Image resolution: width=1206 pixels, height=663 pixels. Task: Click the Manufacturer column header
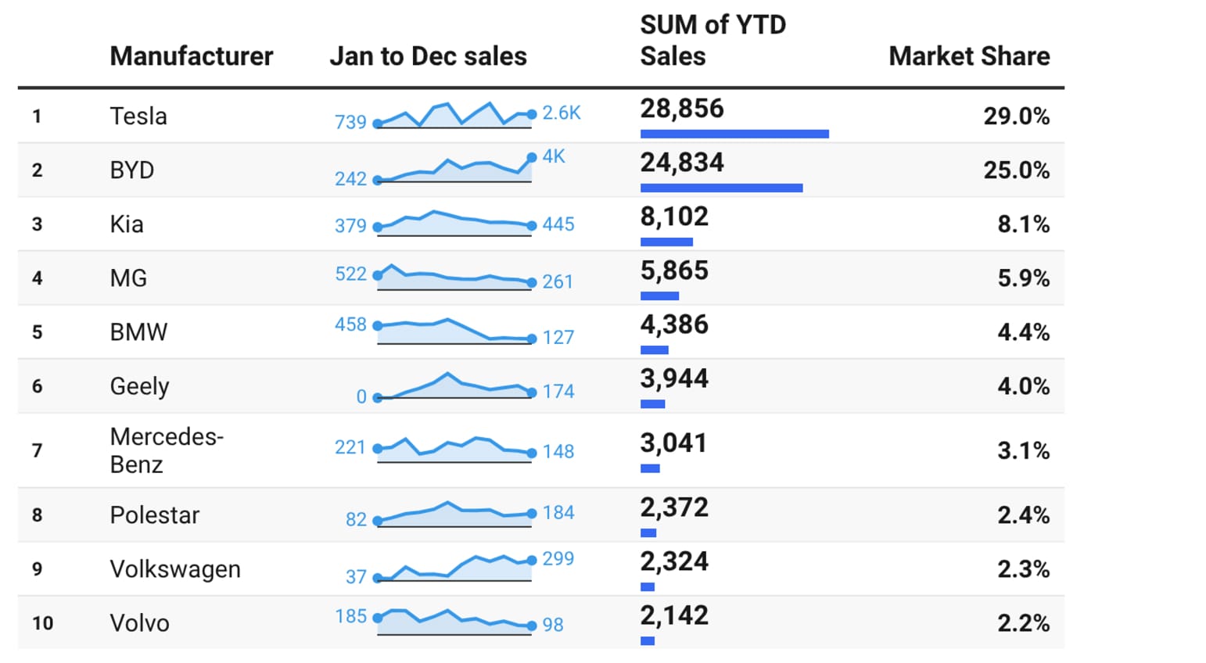pyautogui.click(x=192, y=56)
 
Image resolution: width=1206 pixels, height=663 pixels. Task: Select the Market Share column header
pyautogui.click(x=969, y=56)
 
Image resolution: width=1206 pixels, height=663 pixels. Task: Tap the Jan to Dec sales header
pyautogui.click(x=428, y=56)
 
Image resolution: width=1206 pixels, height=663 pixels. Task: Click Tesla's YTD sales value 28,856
pyautogui.click(x=682, y=109)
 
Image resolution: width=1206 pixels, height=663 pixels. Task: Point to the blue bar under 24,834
pyautogui.click(x=721, y=188)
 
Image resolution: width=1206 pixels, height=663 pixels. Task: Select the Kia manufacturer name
pyautogui.click(x=127, y=224)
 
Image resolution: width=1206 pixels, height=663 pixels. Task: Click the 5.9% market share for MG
pyautogui.click(x=1023, y=278)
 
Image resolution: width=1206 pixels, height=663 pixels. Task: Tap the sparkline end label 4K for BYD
pyautogui.click(x=554, y=156)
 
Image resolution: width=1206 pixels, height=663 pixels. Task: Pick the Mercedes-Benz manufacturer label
pyautogui.click(x=167, y=450)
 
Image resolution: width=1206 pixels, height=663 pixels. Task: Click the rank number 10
pyautogui.click(x=43, y=623)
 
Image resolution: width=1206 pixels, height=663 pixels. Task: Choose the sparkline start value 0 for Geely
pyautogui.click(x=361, y=396)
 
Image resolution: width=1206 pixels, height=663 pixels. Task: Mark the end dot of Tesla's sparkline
pyautogui.click(x=532, y=114)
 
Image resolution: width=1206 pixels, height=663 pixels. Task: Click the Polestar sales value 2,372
pyautogui.click(x=674, y=507)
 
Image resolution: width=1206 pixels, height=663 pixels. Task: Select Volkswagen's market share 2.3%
pyautogui.click(x=1023, y=569)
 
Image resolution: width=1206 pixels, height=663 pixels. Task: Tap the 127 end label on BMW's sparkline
pyautogui.click(x=558, y=337)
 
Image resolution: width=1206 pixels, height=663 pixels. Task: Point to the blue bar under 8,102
pyautogui.click(x=666, y=242)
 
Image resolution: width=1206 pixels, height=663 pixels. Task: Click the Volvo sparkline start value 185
pyautogui.click(x=350, y=616)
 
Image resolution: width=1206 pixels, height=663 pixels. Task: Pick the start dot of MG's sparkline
pyautogui.click(x=378, y=275)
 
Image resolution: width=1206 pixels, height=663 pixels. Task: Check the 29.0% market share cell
pyautogui.click(x=1016, y=116)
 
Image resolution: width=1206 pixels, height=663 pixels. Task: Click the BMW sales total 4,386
pyautogui.click(x=674, y=324)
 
